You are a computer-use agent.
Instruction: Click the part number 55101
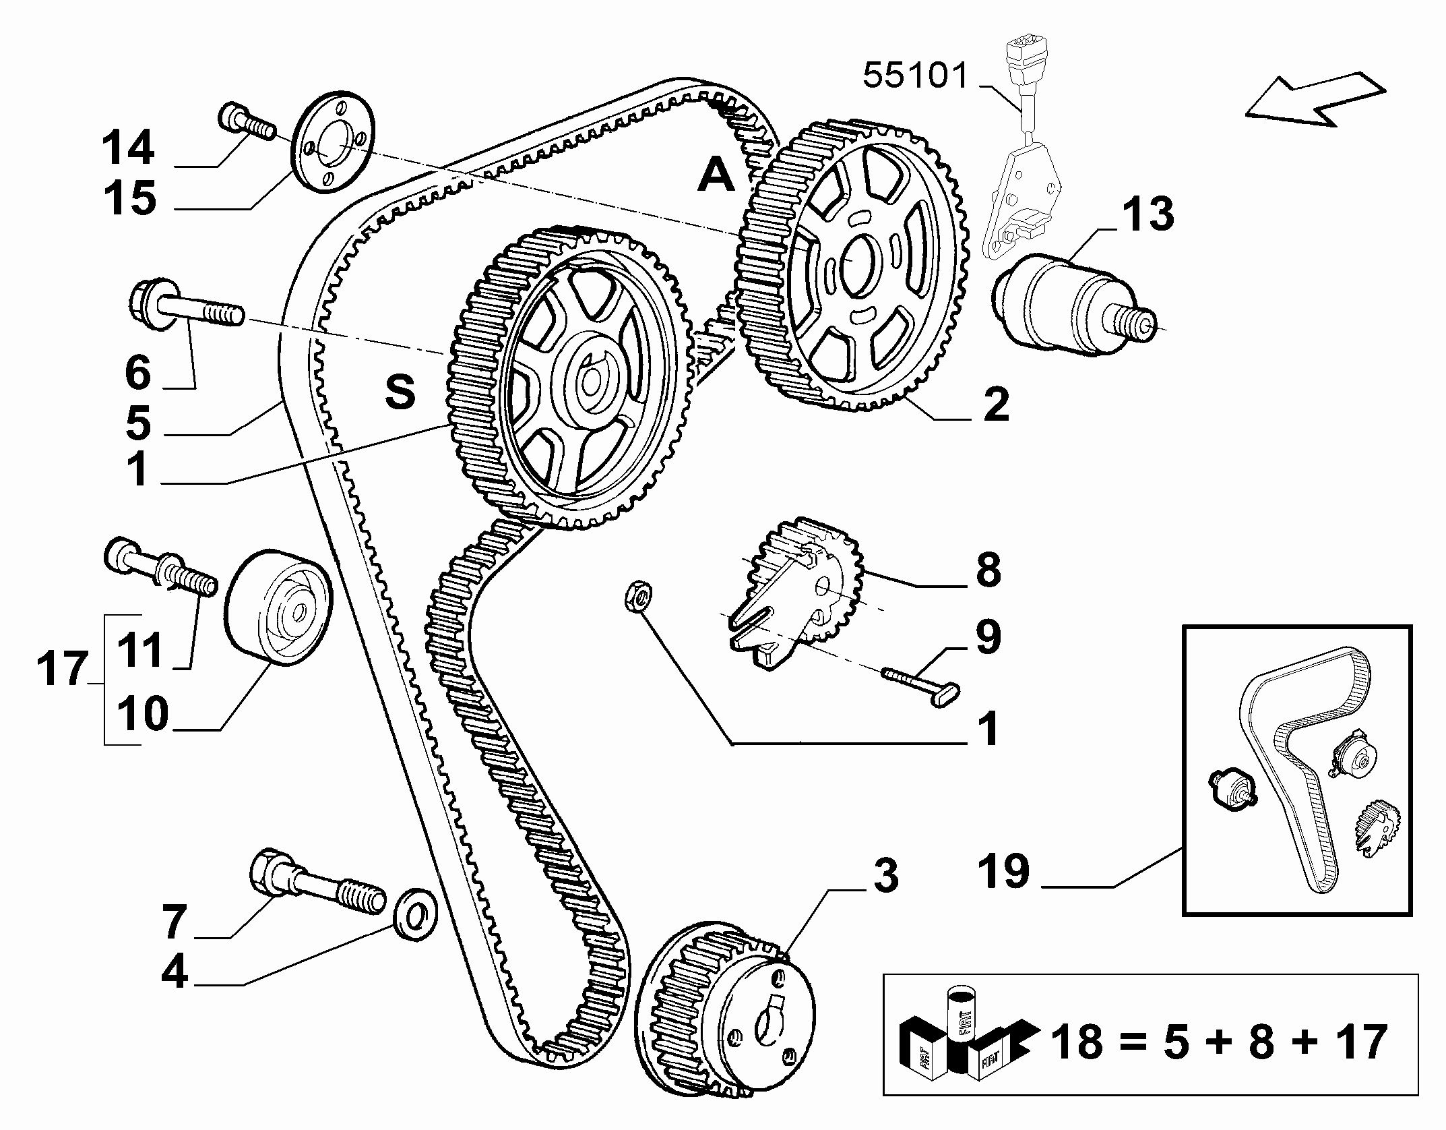pos(915,76)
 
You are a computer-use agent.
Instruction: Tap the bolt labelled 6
pos(186,307)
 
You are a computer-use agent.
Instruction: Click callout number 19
pos(1004,870)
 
